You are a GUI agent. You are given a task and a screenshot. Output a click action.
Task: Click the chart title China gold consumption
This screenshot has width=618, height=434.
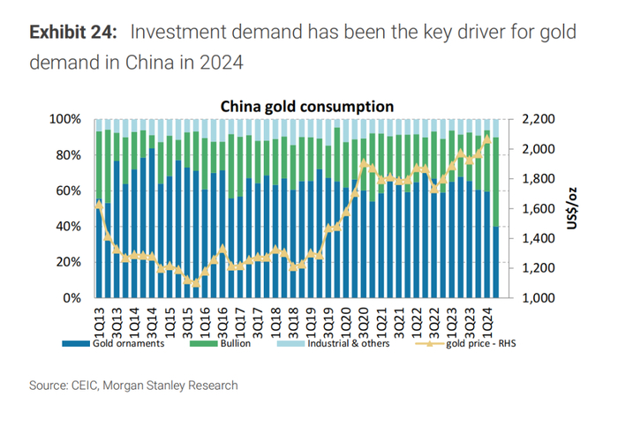tap(306, 107)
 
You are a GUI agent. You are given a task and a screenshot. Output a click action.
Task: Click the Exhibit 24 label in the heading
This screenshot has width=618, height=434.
tap(72, 34)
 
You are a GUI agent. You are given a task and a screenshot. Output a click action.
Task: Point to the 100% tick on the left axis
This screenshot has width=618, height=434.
tap(67, 119)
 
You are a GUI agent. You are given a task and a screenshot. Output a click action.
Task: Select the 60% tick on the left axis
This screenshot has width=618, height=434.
tap(70, 191)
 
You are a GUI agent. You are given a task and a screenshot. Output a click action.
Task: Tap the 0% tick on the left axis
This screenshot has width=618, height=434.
tap(73, 298)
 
